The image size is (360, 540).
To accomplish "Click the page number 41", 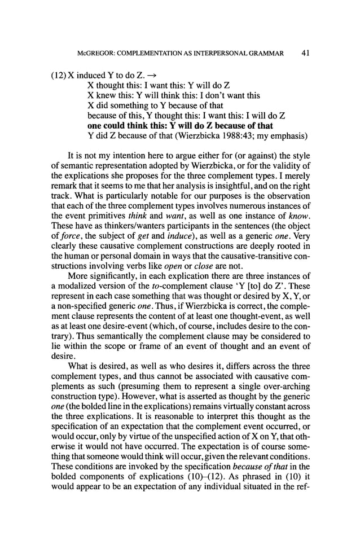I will pos(305,54).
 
